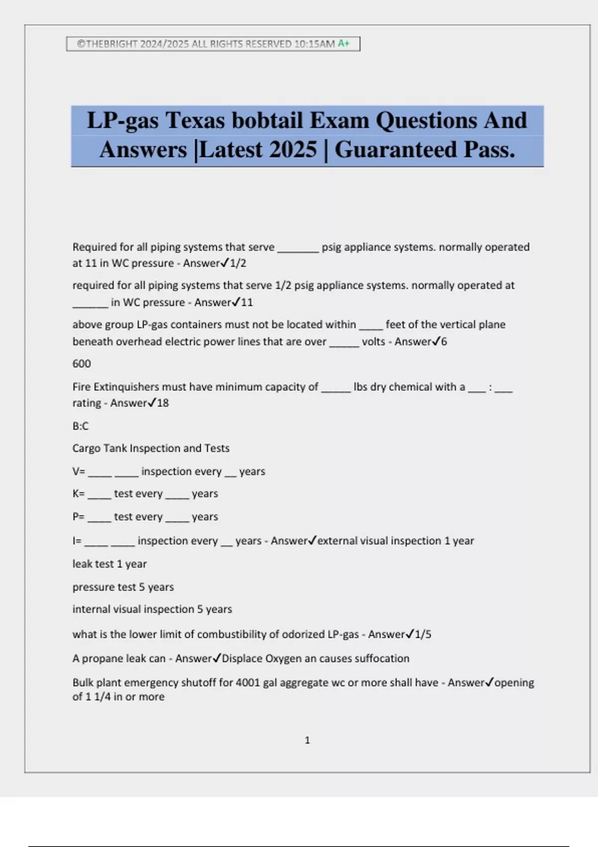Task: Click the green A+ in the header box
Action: tap(344, 44)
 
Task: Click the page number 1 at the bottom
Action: tap(307, 740)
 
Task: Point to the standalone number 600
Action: tap(81, 364)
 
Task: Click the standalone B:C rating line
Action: tap(80, 426)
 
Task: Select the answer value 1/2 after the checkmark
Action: tap(238, 263)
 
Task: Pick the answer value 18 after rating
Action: tap(162, 403)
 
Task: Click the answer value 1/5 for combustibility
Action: tap(423, 634)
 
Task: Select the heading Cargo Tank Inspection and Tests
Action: tap(150, 448)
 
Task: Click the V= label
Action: tap(78, 471)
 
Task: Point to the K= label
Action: tap(78, 494)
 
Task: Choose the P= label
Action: tap(78, 517)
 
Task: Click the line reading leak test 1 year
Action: tap(109, 564)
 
